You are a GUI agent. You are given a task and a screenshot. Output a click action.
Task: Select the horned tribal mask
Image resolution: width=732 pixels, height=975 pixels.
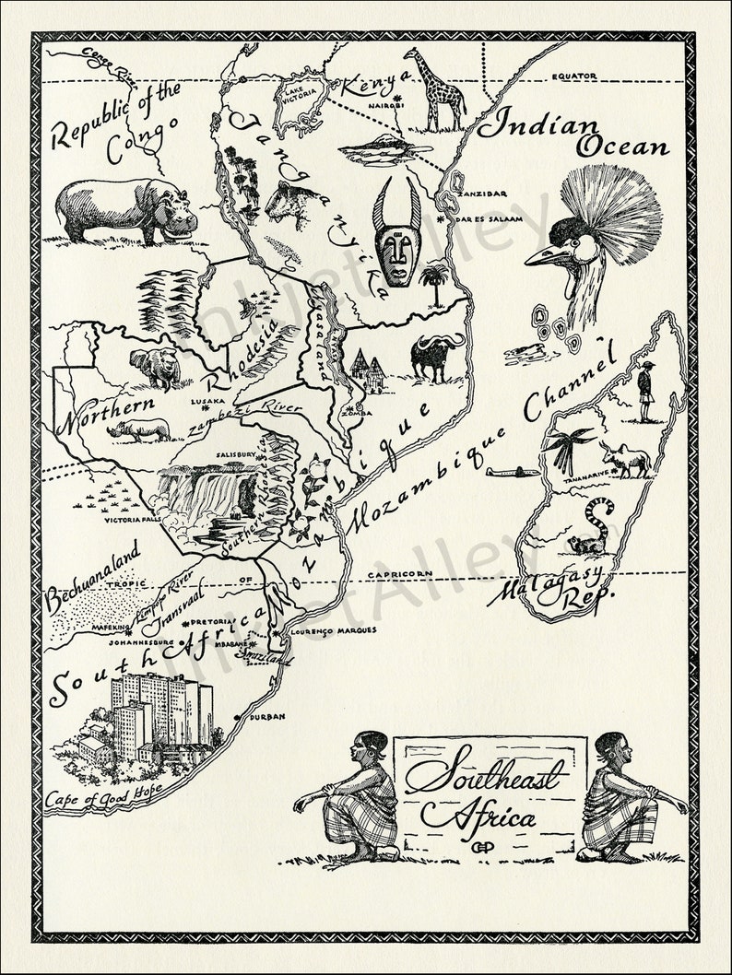397,234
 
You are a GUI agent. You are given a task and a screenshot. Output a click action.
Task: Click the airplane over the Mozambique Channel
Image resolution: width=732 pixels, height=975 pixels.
513,472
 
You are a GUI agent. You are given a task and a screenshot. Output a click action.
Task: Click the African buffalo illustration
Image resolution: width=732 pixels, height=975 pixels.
438,356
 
